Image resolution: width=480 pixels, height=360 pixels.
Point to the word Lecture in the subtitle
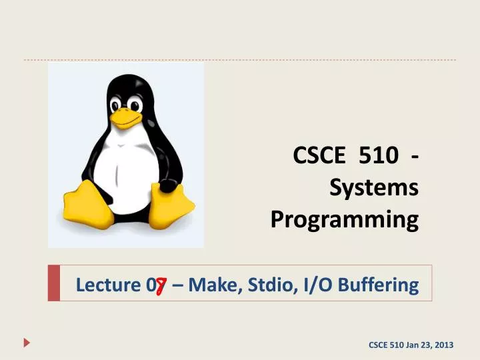pos(106,285)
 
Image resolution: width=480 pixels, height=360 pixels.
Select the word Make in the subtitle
pos(209,285)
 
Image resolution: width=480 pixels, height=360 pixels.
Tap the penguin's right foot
pos(171,207)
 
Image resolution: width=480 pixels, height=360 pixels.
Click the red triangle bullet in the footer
pos(27,343)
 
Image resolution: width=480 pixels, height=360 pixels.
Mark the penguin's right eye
pos(137,105)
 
